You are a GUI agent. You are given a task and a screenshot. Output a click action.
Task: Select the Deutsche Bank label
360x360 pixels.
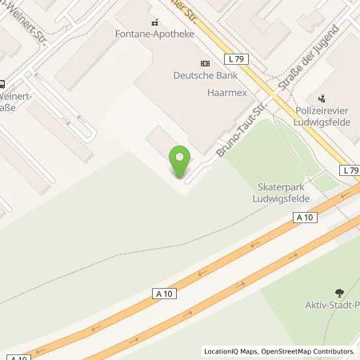pyautogui.click(x=205, y=77)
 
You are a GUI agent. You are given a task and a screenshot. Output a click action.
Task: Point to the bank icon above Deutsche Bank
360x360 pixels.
pyautogui.click(x=205, y=64)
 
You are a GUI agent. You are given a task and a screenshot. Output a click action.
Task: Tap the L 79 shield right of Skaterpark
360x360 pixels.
pyautogui.click(x=349, y=171)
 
